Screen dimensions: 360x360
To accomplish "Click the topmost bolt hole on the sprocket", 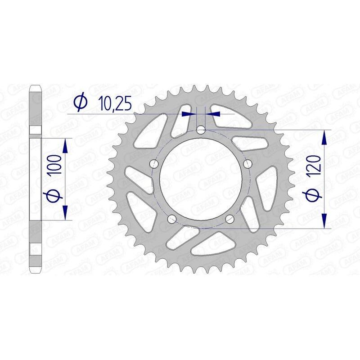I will [x=201, y=130].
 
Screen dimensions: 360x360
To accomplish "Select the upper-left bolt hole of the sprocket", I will [x=154, y=164].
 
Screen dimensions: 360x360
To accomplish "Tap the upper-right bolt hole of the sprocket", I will [x=247, y=164].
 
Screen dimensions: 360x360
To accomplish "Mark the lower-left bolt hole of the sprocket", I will [x=172, y=219].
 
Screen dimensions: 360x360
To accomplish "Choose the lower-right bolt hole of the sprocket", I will [x=229, y=219].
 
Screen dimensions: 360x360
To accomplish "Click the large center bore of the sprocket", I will [x=201, y=180].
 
